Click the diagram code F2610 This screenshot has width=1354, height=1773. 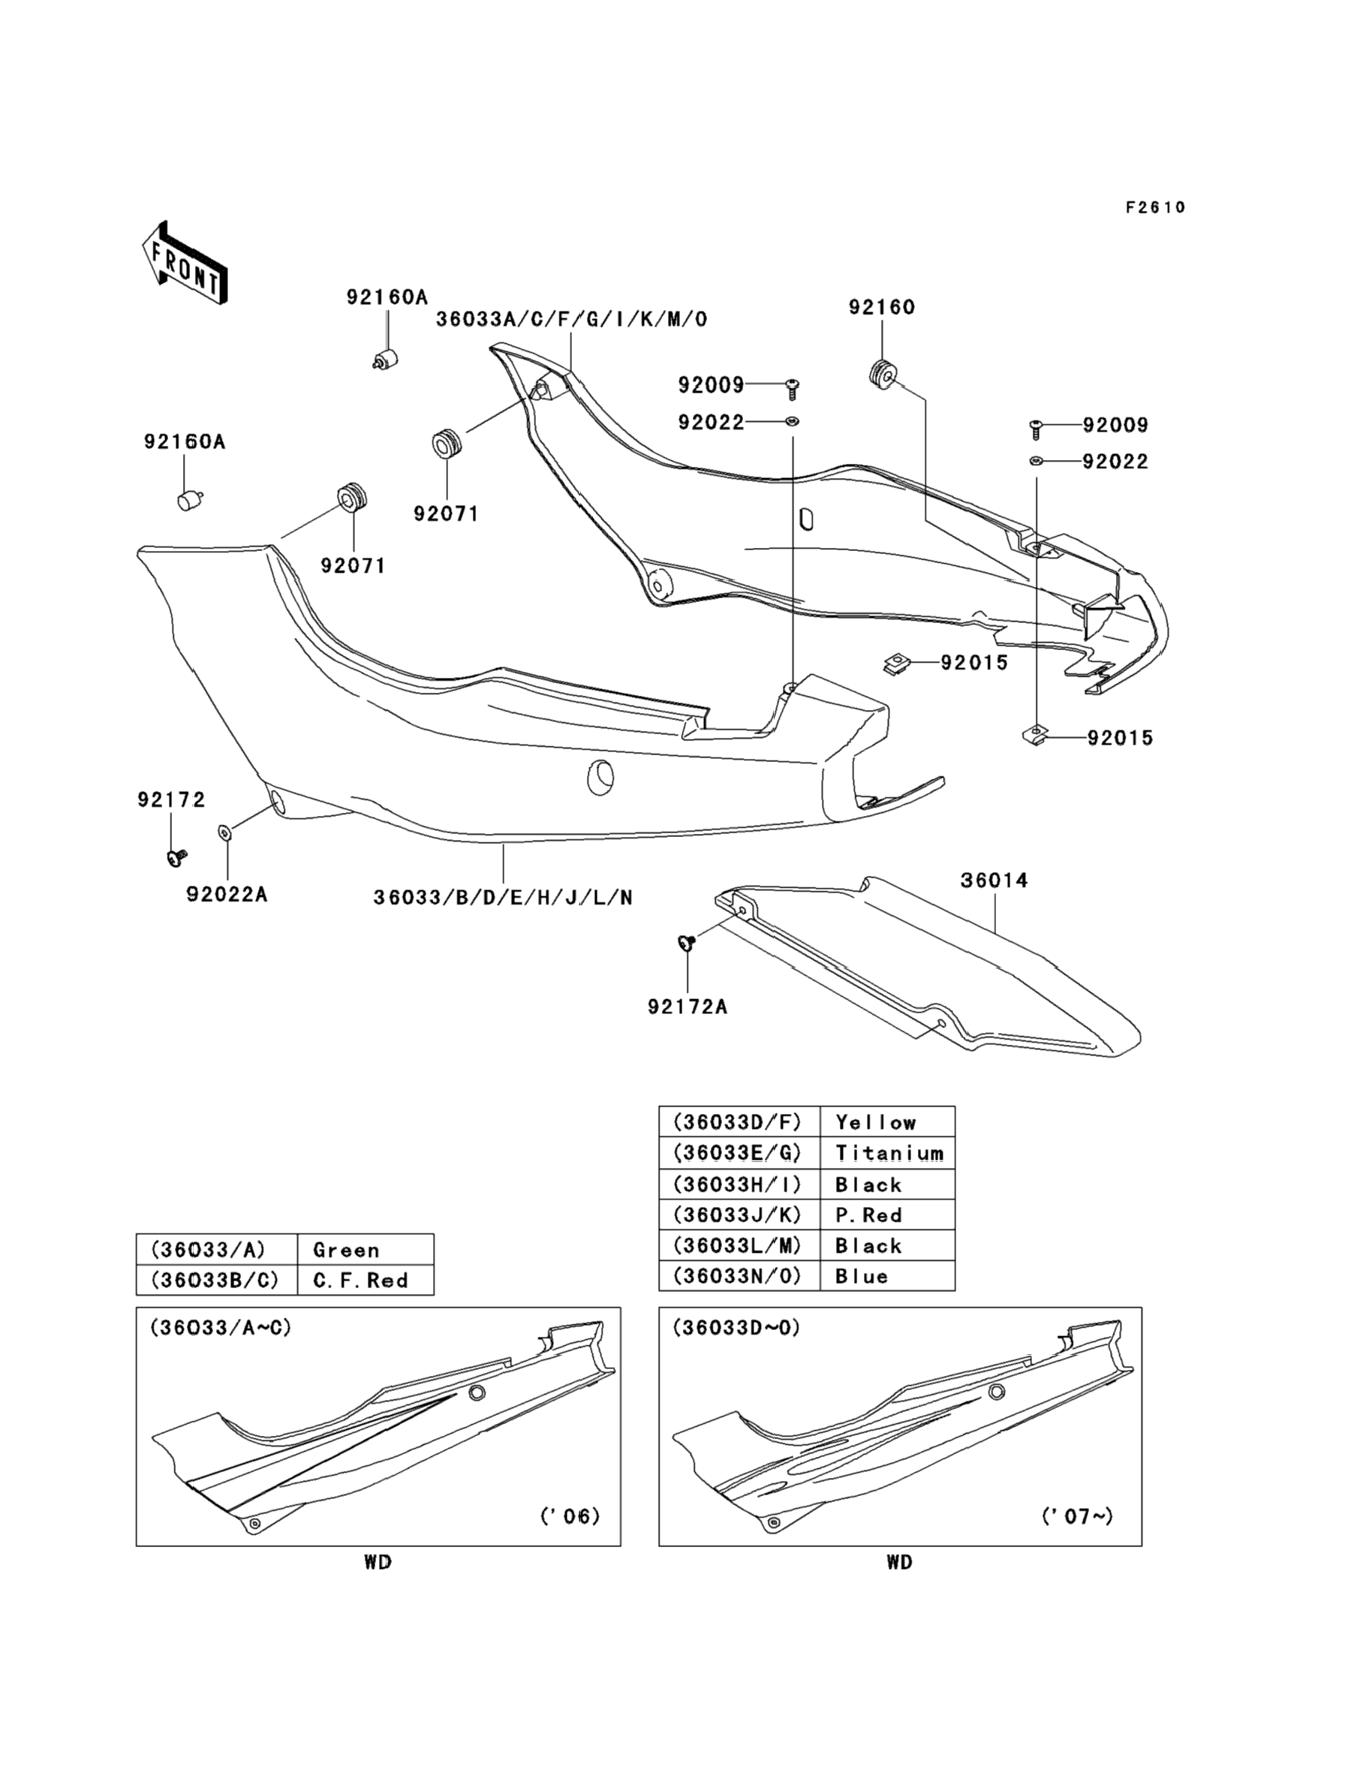pos(1155,208)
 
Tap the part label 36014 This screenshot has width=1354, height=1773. pos(994,880)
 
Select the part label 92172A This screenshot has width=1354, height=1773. pos(688,1007)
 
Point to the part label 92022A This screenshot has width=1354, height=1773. pos(227,895)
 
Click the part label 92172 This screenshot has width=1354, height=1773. pos(172,799)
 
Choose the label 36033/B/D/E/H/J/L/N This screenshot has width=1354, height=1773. pos(503,898)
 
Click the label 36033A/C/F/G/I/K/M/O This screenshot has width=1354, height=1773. pos(571,320)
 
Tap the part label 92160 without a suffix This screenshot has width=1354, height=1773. pos(882,307)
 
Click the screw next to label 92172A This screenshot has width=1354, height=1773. pos(688,941)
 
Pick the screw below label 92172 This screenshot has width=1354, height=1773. pos(175,858)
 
